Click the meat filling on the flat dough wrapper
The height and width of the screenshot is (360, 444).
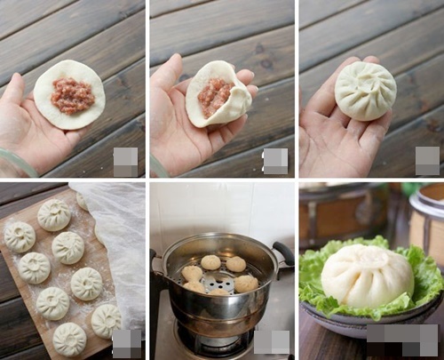click(72, 95)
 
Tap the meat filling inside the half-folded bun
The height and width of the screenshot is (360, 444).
click(214, 96)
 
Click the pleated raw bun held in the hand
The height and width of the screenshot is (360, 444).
click(365, 91)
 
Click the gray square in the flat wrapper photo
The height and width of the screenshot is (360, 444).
click(125, 161)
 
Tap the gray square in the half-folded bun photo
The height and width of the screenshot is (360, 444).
click(275, 161)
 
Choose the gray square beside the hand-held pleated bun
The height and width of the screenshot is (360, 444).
click(427, 160)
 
